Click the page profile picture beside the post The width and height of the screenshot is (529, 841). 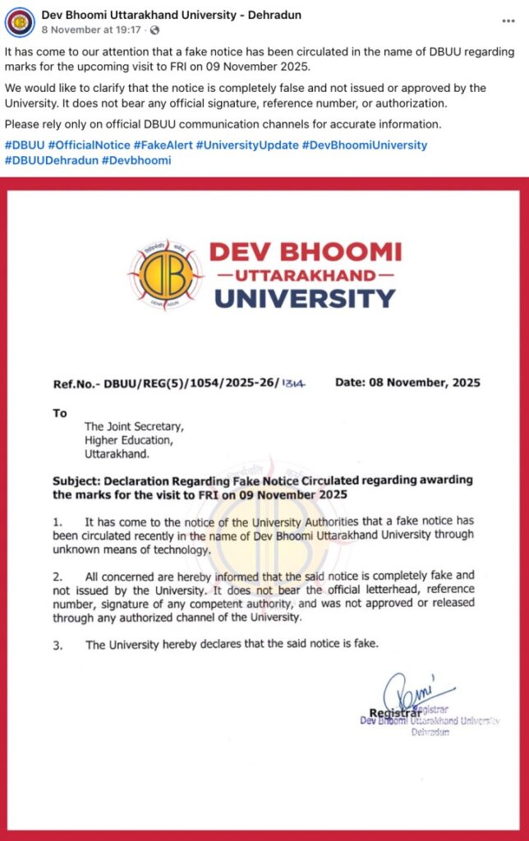pos(20,21)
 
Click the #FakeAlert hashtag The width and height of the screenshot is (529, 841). pos(159,145)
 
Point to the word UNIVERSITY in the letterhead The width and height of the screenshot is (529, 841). pos(304,297)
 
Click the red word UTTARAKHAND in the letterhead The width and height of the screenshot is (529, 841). pos(304,273)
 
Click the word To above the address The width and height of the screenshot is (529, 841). pos(59,413)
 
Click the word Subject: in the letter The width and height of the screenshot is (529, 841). pos(79,480)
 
